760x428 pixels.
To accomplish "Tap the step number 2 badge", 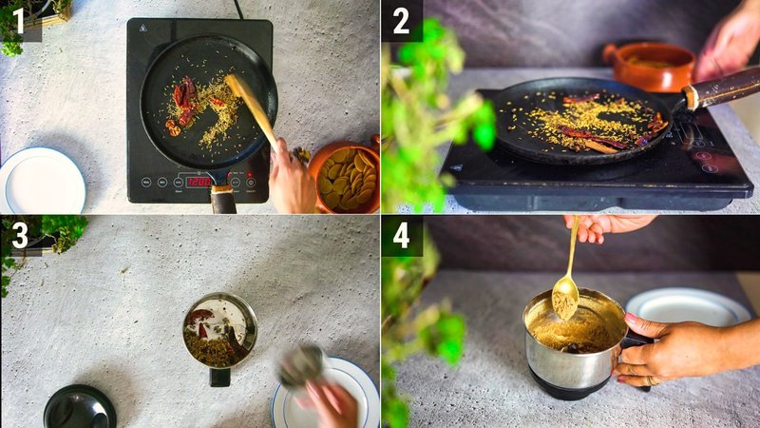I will coord(401,20).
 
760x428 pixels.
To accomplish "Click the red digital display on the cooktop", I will coord(199,181).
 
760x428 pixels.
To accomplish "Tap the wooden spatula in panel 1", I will coord(252,109).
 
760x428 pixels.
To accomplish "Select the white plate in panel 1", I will coord(42,181).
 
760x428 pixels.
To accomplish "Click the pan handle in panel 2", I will coord(722,88).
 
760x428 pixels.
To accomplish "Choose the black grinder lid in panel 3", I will coord(80,407).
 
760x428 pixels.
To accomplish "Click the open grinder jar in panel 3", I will coord(219,331).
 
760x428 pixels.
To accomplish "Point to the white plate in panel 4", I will coord(688,307).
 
